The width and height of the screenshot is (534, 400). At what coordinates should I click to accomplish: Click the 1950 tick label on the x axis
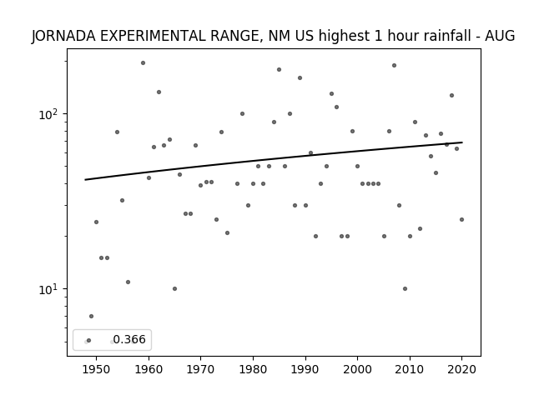[97, 369]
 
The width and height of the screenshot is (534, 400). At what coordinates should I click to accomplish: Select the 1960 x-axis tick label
[149, 369]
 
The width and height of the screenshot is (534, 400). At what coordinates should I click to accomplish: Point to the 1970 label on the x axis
[200, 369]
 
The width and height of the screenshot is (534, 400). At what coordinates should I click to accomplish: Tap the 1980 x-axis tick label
[253, 369]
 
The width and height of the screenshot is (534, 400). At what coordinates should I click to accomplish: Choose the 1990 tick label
[305, 369]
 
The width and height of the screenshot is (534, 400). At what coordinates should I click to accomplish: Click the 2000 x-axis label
[357, 369]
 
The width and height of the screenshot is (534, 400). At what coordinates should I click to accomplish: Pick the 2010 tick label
[410, 369]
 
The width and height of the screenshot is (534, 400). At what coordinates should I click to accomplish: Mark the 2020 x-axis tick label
[461, 369]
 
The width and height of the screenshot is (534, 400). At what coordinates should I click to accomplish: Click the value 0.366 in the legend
[129, 339]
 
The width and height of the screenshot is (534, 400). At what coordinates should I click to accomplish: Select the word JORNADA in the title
[63, 36]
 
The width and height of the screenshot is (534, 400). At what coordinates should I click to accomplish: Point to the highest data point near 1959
[143, 63]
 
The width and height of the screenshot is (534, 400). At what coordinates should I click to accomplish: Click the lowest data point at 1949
[91, 317]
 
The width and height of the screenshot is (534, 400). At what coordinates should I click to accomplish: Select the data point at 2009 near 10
[405, 289]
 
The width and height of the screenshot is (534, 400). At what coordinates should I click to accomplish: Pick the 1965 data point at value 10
[174, 289]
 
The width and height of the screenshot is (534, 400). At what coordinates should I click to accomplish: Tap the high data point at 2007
[394, 65]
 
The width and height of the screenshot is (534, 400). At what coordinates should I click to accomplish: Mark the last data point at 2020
[461, 220]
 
